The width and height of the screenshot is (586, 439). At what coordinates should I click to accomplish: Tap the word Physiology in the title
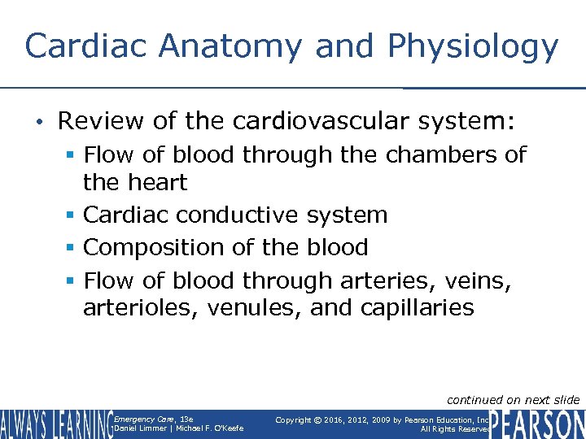(473, 47)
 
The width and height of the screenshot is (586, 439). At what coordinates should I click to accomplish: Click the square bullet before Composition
(71, 248)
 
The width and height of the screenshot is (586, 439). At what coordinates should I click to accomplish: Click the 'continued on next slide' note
(513, 399)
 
